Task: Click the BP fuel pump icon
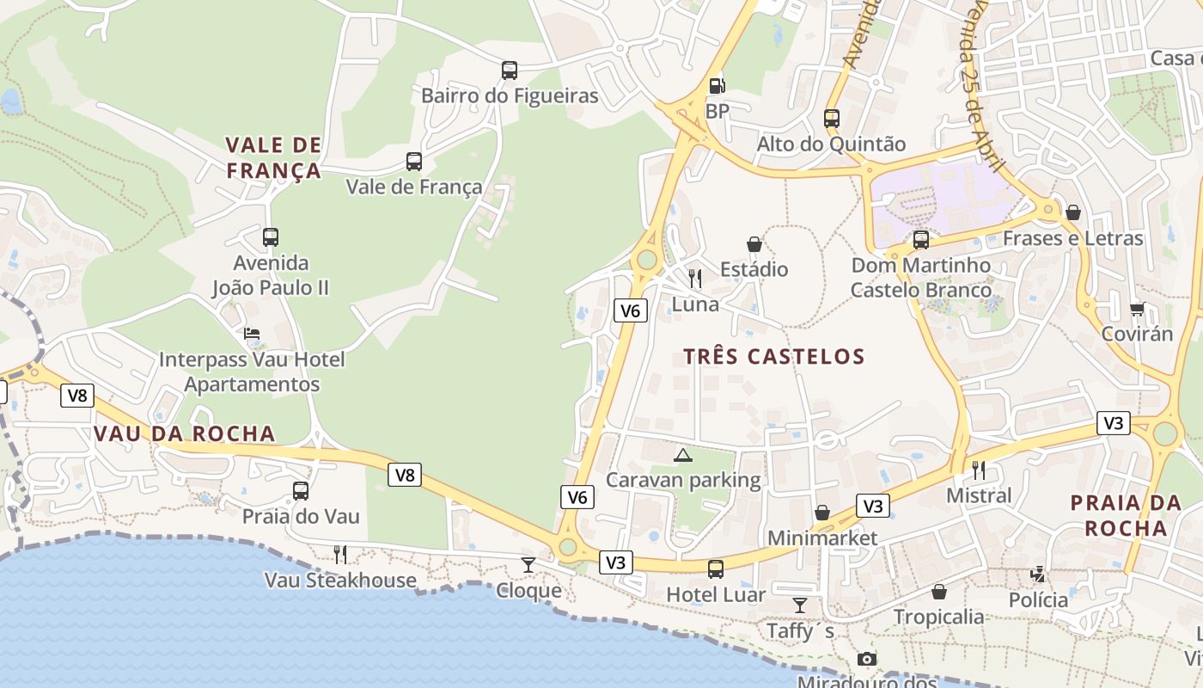click(x=716, y=85)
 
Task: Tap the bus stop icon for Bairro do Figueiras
click(x=510, y=70)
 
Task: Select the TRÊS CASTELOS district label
click(x=773, y=356)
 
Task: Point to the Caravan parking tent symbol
click(x=683, y=455)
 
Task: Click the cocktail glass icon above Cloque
click(x=528, y=565)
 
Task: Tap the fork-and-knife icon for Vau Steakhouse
click(x=340, y=554)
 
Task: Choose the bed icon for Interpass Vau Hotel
click(x=251, y=334)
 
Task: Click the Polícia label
click(x=1038, y=599)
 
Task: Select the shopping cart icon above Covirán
click(x=1138, y=309)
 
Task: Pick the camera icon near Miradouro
click(x=867, y=659)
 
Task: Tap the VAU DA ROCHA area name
click(x=185, y=433)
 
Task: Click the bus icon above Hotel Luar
click(x=716, y=568)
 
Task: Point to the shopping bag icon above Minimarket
click(x=822, y=513)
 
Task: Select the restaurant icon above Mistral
click(x=979, y=470)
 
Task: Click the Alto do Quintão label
click(x=831, y=144)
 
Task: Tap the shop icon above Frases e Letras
click(x=1073, y=212)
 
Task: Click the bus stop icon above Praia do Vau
click(x=300, y=491)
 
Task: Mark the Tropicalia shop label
click(x=938, y=617)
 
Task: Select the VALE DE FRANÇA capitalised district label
click(x=273, y=157)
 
